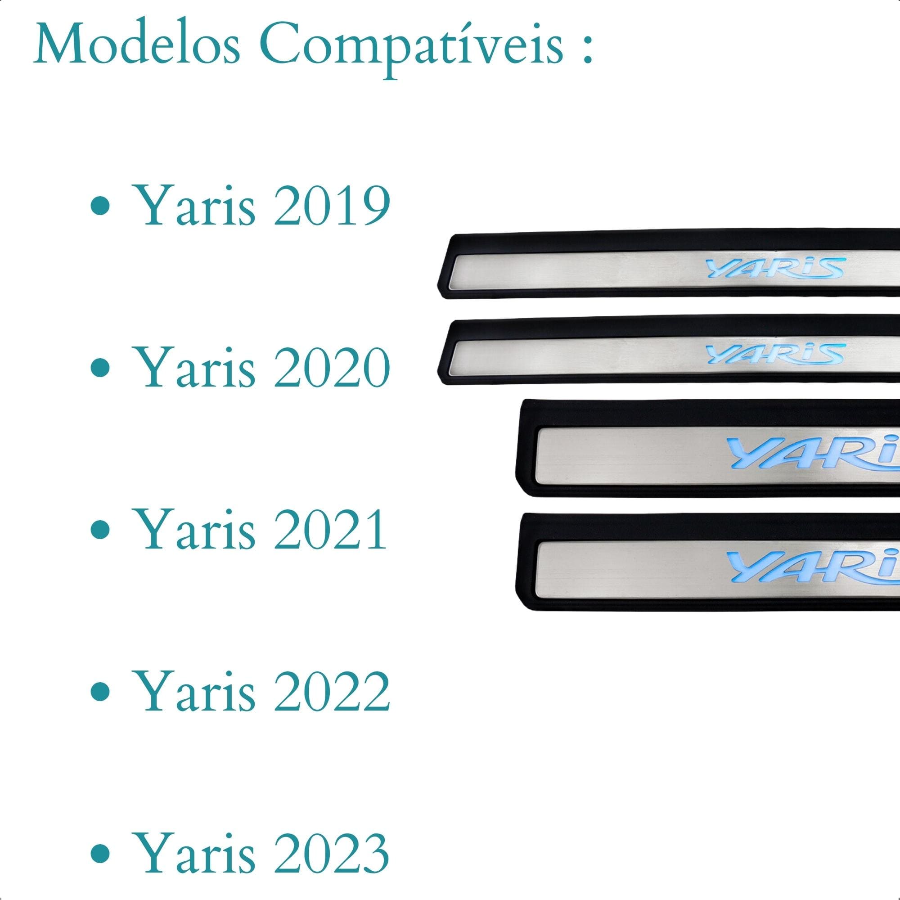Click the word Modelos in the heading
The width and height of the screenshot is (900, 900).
(137, 44)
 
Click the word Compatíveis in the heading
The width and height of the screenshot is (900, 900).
(411, 49)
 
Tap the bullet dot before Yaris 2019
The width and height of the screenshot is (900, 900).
(100, 206)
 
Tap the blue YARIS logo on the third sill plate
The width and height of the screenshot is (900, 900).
(813, 452)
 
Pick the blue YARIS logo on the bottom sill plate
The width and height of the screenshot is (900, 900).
(813, 567)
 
